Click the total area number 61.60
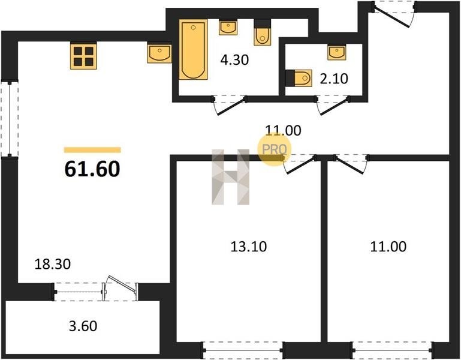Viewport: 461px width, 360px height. tap(92, 169)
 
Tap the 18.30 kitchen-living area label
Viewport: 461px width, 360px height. tap(53, 264)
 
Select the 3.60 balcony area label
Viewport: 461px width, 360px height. tap(83, 326)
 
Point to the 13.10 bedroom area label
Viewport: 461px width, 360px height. tap(249, 247)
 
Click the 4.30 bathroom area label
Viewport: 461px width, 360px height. tap(234, 60)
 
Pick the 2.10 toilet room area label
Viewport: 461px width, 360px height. tap(334, 79)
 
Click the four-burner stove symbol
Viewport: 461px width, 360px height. tap(83, 56)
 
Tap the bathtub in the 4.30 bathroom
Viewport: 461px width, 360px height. tap(193, 49)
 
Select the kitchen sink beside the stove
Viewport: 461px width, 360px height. tap(159, 53)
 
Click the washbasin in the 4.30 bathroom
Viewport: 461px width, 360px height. tap(228, 28)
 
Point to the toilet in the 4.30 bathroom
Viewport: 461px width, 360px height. tap(263, 32)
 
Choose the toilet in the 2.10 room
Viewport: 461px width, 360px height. tap(299, 78)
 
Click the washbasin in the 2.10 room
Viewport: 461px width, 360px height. tap(337, 52)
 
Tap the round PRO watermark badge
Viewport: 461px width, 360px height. tap(275, 149)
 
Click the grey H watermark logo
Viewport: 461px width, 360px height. tap(230, 177)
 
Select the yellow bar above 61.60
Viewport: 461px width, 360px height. tap(92, 150)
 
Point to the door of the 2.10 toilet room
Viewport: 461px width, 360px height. tap(333, 104)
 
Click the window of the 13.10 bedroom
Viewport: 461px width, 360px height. tap(243, 350)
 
